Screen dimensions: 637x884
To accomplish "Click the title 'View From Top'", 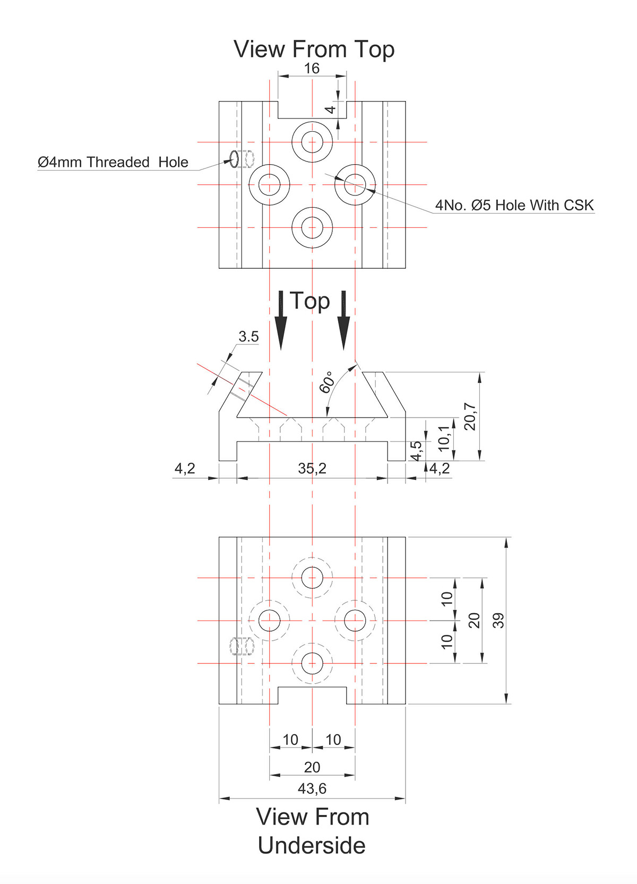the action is tap(314, 50).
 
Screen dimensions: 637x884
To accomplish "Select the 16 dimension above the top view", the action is tap(312, 69).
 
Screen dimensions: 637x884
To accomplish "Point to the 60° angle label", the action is tap(326, 382).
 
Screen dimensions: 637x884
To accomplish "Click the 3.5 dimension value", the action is tap(248, 337).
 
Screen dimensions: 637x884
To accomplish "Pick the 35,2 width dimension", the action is tap(312, 468).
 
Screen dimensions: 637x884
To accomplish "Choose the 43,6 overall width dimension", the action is tap(312, 788).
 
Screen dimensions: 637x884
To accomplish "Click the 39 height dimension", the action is tap(498, 620).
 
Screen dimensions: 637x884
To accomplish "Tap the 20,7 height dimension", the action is tap(470, 416).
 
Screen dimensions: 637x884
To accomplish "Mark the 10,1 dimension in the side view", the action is tap(444, 438).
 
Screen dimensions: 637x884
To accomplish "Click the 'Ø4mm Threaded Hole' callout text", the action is tap(113, 162).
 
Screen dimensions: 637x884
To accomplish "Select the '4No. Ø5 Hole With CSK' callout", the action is tap(514, 205).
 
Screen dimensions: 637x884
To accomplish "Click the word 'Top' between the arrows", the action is tap(310, 302).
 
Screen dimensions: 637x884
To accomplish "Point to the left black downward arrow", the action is tap(281, 320).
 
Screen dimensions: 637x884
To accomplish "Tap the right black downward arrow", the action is tap(343, 320).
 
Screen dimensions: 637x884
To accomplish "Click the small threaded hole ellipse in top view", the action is tap(234, 159).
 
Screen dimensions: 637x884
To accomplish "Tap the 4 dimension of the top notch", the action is tap(331, 110).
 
